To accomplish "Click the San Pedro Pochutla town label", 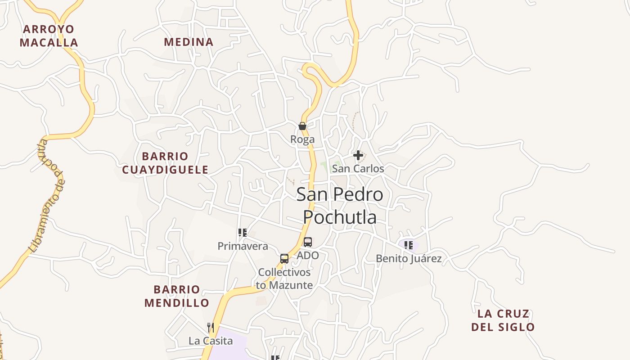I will coord(340,206).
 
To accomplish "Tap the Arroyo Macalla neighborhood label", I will coord(49,36).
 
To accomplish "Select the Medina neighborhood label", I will coord(189,42).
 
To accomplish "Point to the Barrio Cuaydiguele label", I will coord(165,163).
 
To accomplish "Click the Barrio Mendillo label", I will coord(177,296).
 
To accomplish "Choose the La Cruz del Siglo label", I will coord(503,320).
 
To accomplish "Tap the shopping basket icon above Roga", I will coord(302,126).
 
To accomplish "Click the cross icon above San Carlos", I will coord(358,155).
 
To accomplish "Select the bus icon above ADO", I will coord(308,242).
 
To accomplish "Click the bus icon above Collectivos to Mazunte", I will coord(284,259).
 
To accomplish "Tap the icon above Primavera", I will coord(243,233).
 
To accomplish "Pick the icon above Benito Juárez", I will coord(409,245).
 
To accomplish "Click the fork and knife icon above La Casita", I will coord(211,327).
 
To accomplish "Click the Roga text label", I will coord(302,139).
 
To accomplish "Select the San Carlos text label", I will coord(358,169).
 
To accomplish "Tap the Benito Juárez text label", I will coord(409,259).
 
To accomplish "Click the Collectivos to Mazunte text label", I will coord(284,279).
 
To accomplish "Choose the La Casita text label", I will coord(211,341).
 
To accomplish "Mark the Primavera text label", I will coord(243,246).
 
